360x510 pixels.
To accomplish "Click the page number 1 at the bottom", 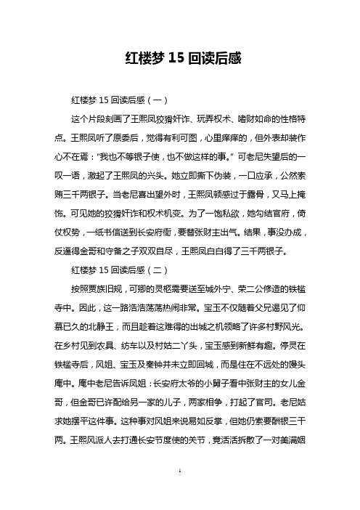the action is click(x=179, y=492).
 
